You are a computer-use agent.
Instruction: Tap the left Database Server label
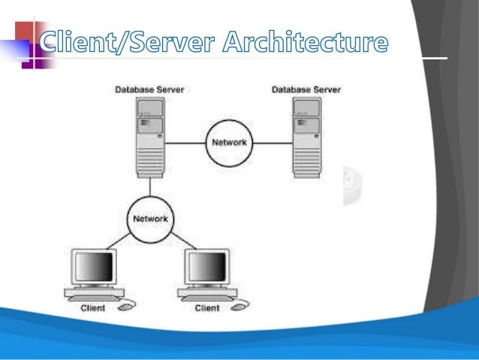pyautogui.click(x=149, y=89)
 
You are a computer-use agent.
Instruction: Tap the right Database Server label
pyautogui.click(x=305, y=89)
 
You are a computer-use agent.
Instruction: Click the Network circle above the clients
pyautogui.click(x=150, y=219)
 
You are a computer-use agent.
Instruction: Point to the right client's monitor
pyautogui.click(x=207, y=267)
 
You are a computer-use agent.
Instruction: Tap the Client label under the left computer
pyautogui.click(x=93, y=307)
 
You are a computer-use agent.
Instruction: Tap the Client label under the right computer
pyautogui.click(x=207, y=307)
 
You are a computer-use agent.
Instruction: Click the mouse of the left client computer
pyautogui.click(x=128, y=304)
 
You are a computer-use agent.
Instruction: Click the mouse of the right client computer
pyautogui.click(x=243, y=304)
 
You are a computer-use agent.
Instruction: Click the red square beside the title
pyautogui.click(x=24, y=31)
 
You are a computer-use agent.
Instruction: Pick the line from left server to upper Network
pyautogui.click(x=187, y=142)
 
